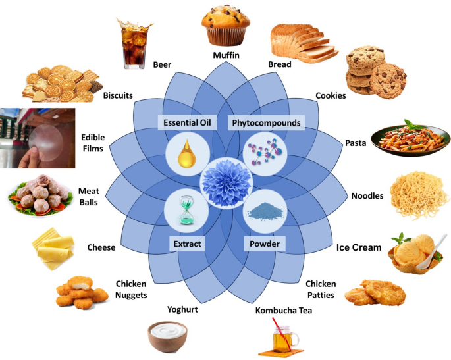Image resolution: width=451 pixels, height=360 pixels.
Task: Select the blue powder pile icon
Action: pos(262,210)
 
